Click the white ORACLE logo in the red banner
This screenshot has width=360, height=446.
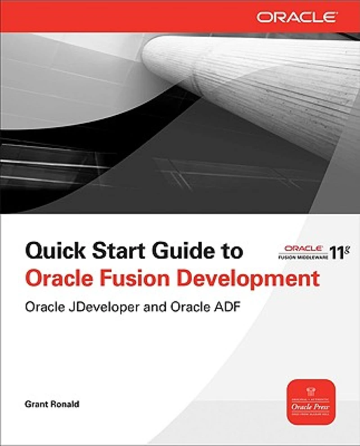297,18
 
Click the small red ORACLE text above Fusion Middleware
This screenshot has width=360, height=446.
302,248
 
